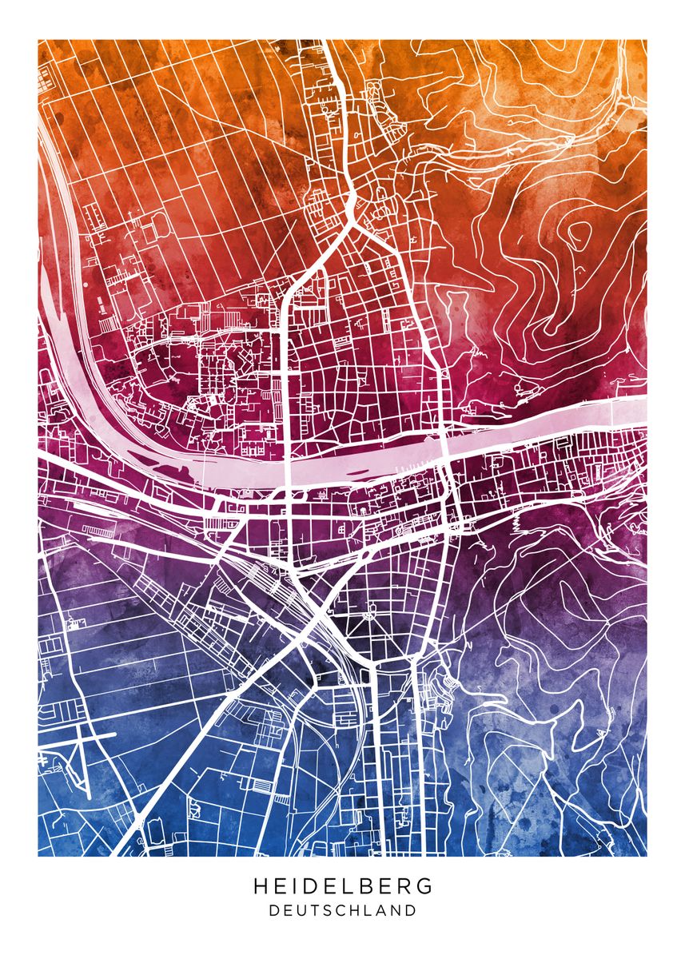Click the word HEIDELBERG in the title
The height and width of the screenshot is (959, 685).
pos(343,886)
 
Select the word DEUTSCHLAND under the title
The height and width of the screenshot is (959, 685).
pos(343,910)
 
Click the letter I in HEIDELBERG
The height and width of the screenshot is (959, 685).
pos(300,886)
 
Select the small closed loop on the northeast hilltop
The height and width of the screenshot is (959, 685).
pos(577,233)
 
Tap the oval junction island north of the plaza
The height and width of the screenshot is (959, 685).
pos(367,551)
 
